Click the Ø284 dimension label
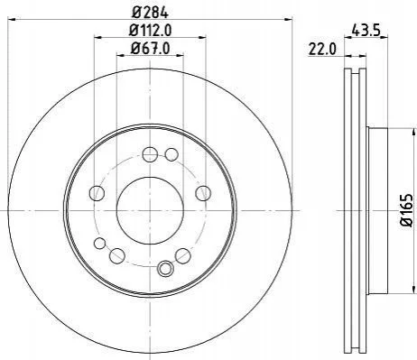(x=150, y=13)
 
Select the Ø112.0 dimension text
(x=150, y=30)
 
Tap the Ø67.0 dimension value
(x=150, y=48)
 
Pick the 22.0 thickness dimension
(x=321, y=50)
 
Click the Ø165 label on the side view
(x=407, y=210)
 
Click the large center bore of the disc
(x=150, y=210)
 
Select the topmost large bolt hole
(x=150, y=155)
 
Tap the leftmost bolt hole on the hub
(x=97, y=193)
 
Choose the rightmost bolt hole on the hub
(x=203, y=193)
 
